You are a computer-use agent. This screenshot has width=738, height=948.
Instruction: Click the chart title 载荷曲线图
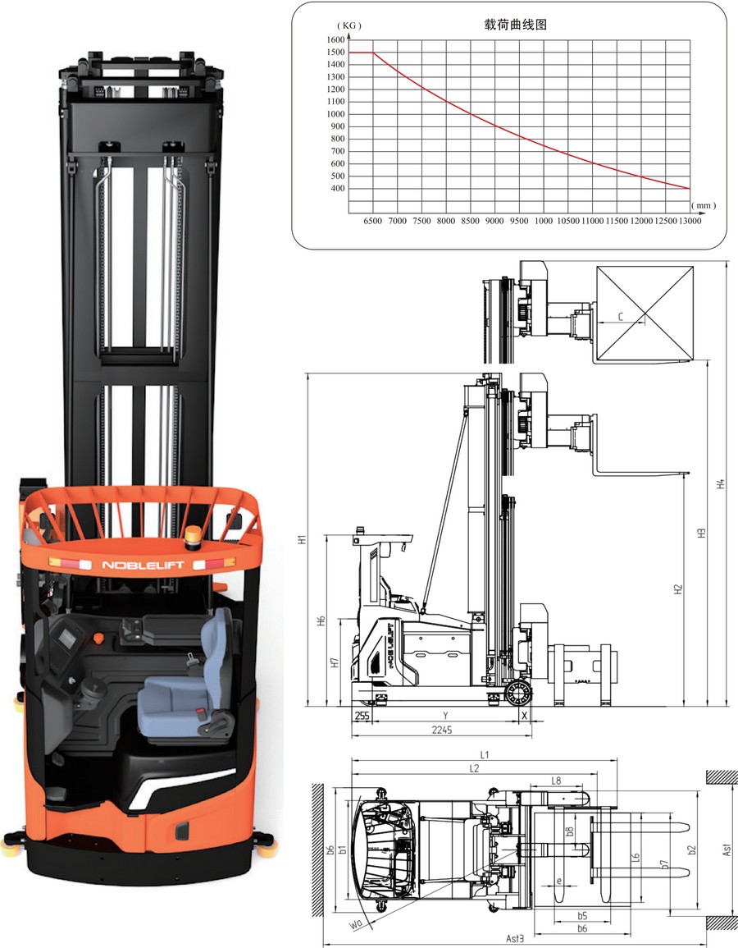pyautogui.click(x=515, y=24)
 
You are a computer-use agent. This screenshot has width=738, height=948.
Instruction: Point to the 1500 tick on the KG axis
pyautogui.click(x=335, y=52)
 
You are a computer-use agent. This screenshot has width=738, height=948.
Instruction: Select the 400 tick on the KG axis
pyautogui.click(x=338, y=188)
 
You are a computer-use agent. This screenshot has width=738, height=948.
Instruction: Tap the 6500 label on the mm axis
pyautogui.click(x=372, y=221)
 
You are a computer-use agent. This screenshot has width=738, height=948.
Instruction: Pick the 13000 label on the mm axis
pyautogui.click(x=690, y=221)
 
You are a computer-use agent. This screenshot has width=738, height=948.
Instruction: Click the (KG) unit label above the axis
pyautogui.click(x=349, y=25)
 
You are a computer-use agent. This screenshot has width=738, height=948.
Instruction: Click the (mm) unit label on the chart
pyautogui.click(x=704, y=205)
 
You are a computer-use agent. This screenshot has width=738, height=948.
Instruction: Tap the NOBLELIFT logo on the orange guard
pyautogui.click(x=143, y=566)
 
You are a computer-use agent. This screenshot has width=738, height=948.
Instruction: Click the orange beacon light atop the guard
pyautogui.click(x=193, y=534)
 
